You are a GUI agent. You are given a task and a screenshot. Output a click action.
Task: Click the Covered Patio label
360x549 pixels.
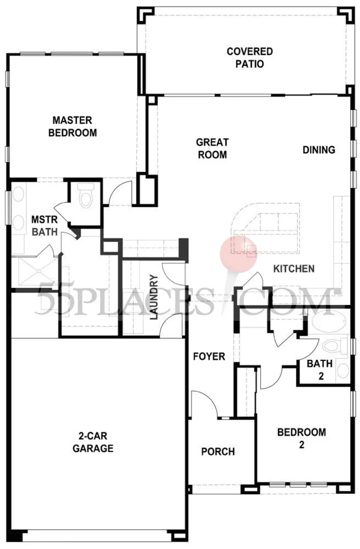pyautogui.click(x=249, y=58)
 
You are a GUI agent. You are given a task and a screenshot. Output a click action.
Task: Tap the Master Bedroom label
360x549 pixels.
pyautogui.click(x=72, y=126)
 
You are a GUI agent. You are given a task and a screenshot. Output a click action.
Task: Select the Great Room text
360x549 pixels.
pyautogui.click(x=212, y=149)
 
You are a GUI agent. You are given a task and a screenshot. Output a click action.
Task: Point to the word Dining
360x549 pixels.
pyautogui.click(x=319, y=150)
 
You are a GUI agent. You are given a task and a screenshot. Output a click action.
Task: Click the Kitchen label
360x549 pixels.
pyautogui.click(x=294, y=269)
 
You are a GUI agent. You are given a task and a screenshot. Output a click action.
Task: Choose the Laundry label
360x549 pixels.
pyautogui.click(x=154, y=297)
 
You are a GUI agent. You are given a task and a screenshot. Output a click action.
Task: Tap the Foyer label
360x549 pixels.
pyautogui.click(x=209, y=356)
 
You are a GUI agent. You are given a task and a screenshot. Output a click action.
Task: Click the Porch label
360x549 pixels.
pyautogui.click(x=218, y=451)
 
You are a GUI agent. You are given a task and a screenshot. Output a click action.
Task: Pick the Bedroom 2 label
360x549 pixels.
pyautogui.click(x=301, y=438)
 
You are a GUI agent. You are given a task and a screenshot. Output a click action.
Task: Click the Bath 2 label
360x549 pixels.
pyautogui.click(x=320, y=370)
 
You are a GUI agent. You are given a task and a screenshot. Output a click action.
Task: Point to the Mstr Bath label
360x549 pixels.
pyautogui.click(x=45, y=226)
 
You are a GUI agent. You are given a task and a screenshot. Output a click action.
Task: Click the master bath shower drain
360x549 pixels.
pyautogui.click(x=38, y=271)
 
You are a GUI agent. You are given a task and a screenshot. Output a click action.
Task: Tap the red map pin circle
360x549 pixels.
pyautogui.click(x=238, y=254)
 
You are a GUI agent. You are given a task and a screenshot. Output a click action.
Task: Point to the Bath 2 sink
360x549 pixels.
pyautogui.click(x=343, y=371)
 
